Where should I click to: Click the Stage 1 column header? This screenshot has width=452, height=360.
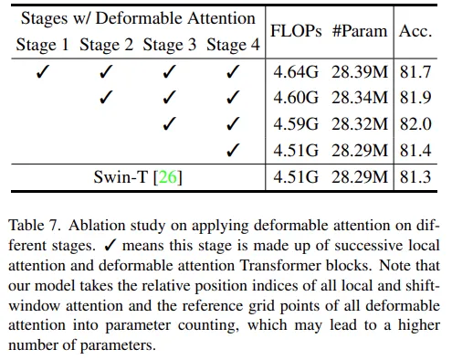pos(42,45)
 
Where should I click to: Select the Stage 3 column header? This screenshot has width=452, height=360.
pos(170,45)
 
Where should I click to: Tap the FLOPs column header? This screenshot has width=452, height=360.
pos(296,31)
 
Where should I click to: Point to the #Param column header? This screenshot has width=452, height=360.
pos(360,31)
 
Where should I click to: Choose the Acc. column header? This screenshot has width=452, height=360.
pos(415,31)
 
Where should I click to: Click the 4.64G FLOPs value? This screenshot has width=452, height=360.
pos(296,72)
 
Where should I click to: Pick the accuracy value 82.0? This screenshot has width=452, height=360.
pos(415,124)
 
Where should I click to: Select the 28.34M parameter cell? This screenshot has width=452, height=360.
pos(360,98)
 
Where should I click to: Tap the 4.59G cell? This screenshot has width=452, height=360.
pos(296,124)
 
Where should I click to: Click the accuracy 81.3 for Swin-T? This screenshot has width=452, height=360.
pos(415,177)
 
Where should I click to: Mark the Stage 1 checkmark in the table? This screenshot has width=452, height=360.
pos(42,72)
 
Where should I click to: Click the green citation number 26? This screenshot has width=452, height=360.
pos(167,177)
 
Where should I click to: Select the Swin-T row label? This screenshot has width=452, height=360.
pos(138,177)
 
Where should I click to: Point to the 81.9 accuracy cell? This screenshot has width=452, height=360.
pos(415,98)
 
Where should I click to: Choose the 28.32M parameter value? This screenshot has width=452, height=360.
pos(360,124)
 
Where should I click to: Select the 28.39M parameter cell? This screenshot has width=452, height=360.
pos(360,72)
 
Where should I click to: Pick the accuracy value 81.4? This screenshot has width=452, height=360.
pos(415,151)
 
